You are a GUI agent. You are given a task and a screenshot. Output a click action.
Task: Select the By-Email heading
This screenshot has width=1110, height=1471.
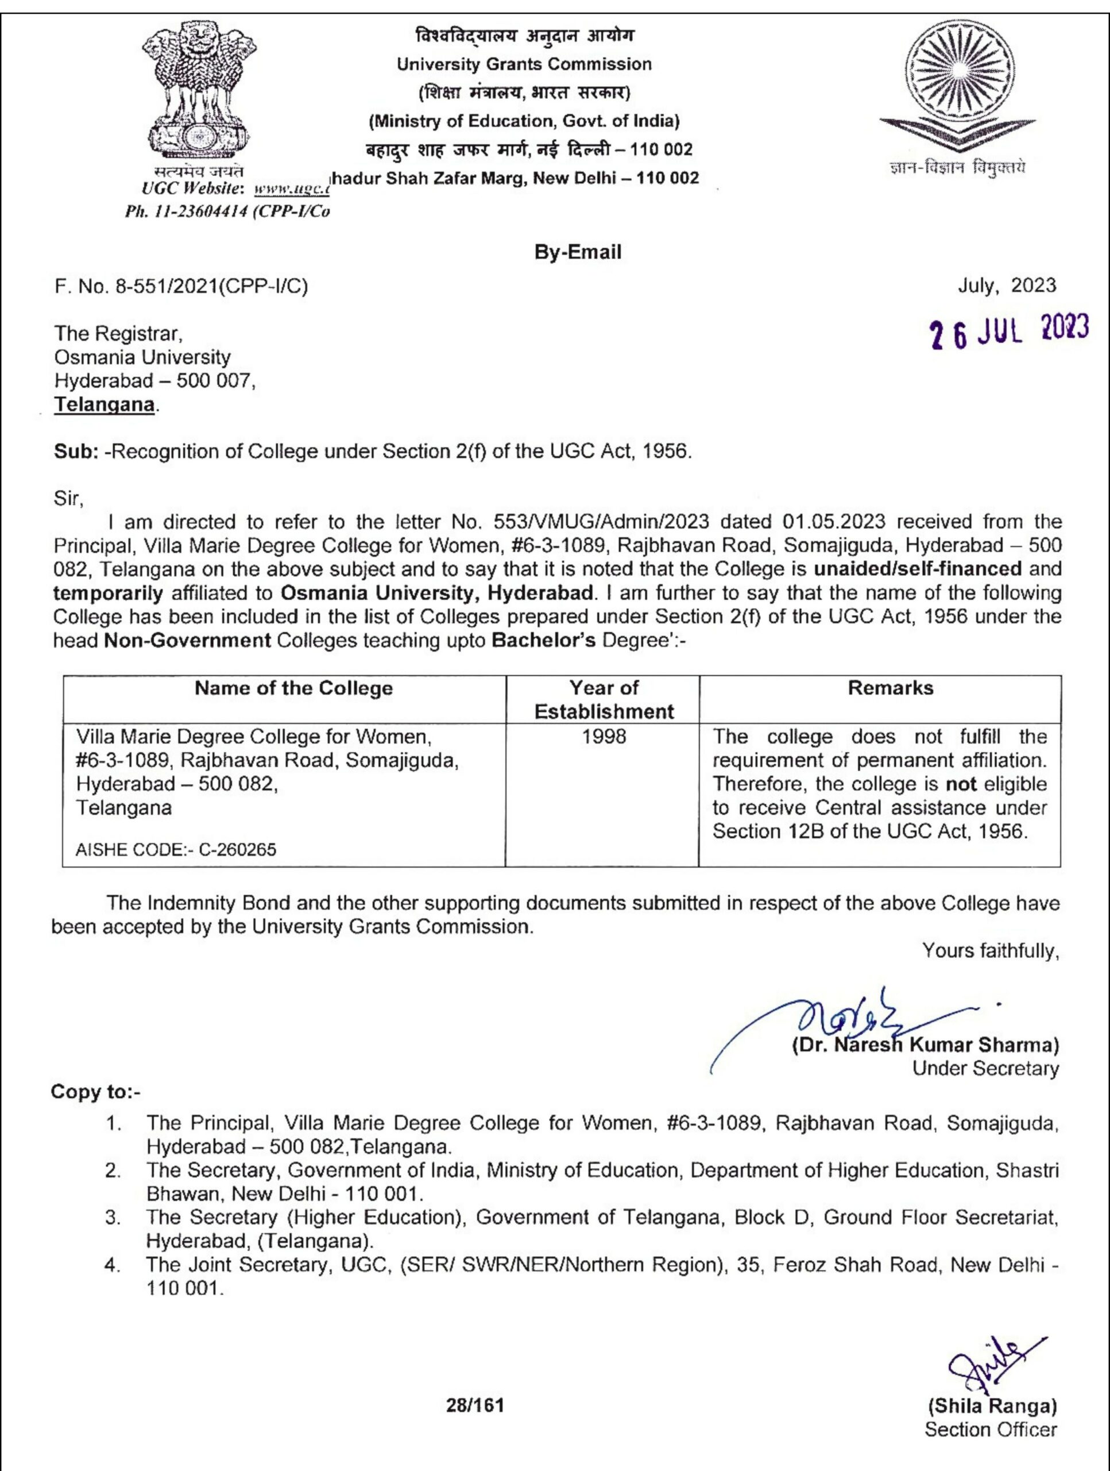tap(578, 252)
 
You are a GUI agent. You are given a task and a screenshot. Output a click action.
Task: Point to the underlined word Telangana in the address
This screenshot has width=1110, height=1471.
tap(105, 405)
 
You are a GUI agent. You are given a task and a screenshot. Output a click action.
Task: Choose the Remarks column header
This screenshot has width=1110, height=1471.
tap(890, 688)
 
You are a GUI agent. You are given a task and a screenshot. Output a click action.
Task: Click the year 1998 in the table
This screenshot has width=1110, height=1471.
tap(604, 736)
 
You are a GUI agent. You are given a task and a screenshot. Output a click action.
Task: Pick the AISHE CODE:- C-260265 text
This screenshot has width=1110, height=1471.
tap(176, 849)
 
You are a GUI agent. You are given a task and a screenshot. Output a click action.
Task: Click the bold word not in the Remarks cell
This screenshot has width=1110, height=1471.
tap(961, 784)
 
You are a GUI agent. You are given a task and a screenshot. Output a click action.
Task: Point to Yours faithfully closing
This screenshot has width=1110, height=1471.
tap(989, 950)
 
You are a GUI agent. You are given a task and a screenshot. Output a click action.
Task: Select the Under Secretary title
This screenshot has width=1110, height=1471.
tap(985, 1068)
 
